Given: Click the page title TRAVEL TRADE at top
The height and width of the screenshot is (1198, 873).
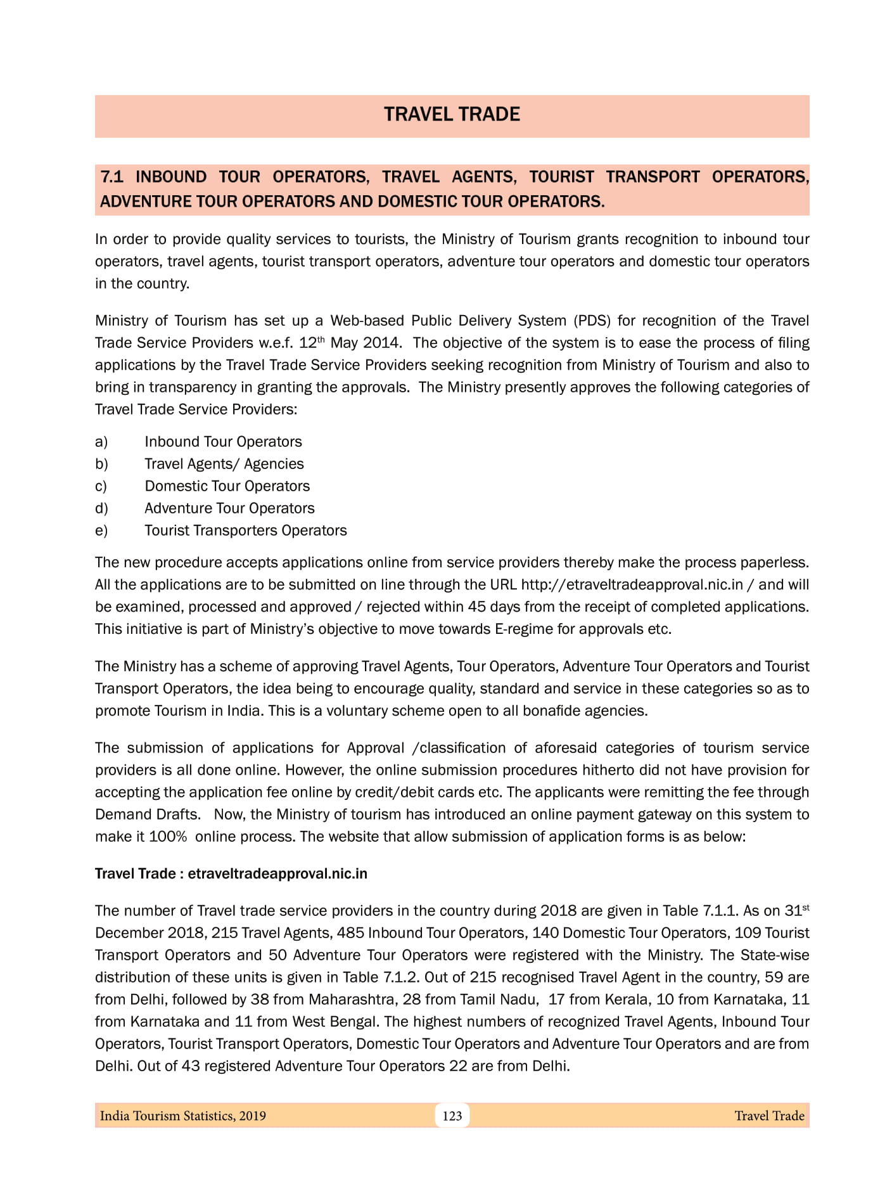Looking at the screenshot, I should (452, 115).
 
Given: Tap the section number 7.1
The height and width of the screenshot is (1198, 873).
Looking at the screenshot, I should (112, 177).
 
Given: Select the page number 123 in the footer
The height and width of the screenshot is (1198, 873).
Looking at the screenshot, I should (452, 1116).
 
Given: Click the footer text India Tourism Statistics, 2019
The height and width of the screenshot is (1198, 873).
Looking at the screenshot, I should (183, 1116).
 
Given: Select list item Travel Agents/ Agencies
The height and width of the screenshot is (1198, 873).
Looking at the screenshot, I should (224, 464).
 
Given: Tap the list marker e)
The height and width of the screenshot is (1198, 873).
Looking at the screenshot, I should (101, 531).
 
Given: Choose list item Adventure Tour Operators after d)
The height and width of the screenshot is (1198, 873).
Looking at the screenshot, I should (229, 508).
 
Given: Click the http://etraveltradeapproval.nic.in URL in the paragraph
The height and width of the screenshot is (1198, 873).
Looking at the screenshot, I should (632, 584).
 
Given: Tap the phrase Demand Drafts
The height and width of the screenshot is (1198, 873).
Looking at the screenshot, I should (147, 815).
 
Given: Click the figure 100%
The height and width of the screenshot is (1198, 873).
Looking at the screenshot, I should (168, 837).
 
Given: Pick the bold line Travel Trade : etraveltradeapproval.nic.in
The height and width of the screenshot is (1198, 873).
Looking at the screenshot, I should (231, 874).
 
